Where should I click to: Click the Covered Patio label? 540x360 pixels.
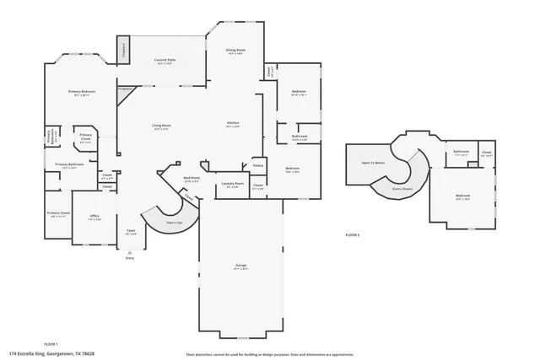165,62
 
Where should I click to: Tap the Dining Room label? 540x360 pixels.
235,51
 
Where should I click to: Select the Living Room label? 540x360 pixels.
161,127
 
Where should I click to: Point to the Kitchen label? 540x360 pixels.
233,125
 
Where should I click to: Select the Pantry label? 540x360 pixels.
258,166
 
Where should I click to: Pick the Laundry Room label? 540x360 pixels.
233,185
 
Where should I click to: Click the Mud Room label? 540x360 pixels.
192,179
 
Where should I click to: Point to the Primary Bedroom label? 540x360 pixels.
82,93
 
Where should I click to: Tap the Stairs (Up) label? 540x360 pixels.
174,223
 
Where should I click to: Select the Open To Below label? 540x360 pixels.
373,163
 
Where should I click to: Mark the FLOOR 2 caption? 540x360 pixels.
353,234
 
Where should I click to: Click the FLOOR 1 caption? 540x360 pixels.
50,344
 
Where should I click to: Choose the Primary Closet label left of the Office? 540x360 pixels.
58,213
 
